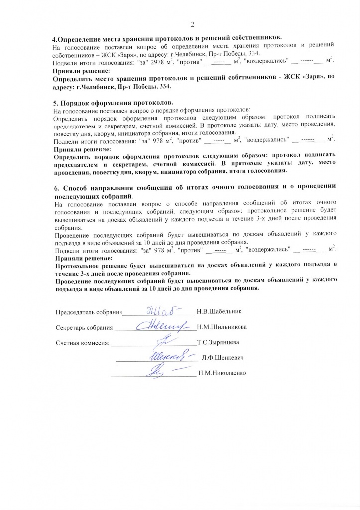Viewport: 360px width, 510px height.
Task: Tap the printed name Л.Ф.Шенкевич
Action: tap(222, 358)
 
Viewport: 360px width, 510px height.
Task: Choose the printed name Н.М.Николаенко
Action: tap(222, 373)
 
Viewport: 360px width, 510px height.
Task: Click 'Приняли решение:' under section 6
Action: tap(82, 258)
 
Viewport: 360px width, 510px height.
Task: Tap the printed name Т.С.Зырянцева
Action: tap(219, 342)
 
